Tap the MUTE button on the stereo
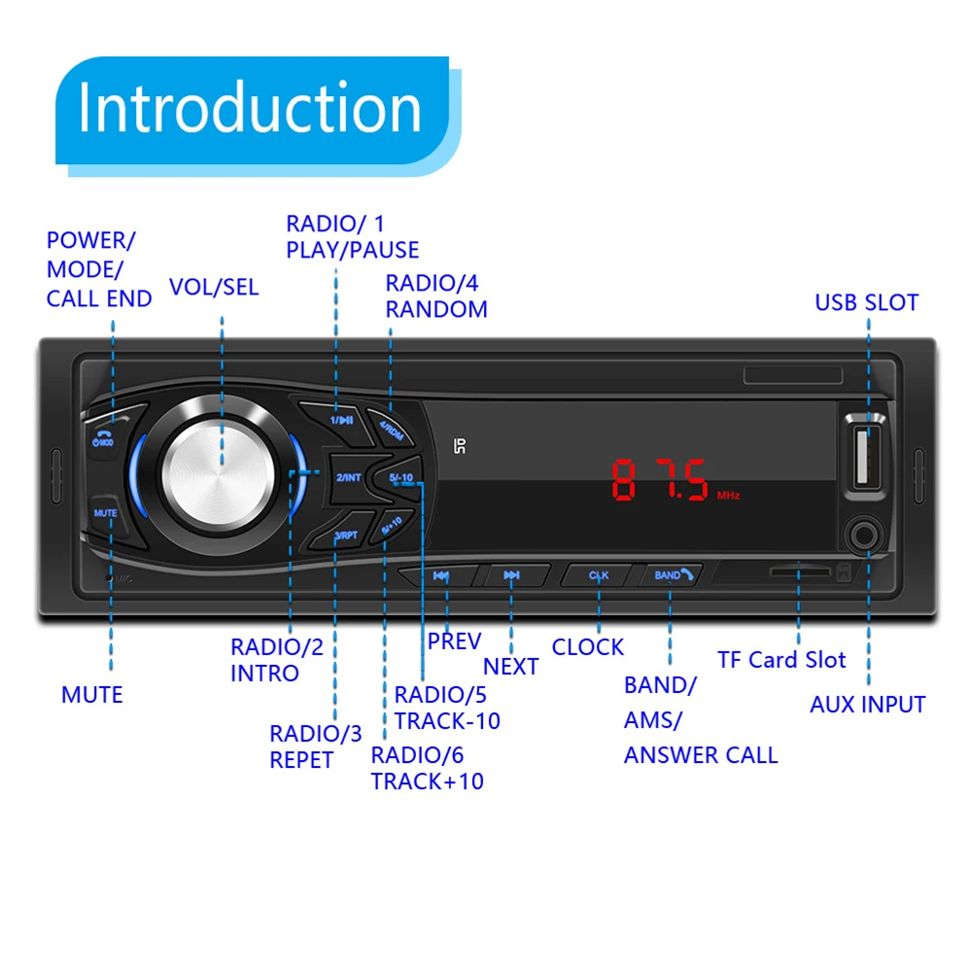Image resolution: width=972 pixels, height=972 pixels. (x=105, y=512)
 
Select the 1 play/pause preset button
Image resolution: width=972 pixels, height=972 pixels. (x=340, y=419)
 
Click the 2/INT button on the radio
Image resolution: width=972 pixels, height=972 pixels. (x=348, y=477)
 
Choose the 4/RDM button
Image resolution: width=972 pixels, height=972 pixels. (x=391, y=426)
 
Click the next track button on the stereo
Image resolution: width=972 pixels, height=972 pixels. (x=511, y=575)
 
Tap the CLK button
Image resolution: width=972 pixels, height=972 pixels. (x=598, y=575)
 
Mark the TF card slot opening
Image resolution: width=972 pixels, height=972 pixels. (x=799, y=573)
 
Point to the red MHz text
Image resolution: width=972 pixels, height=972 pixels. (x=729, y=496)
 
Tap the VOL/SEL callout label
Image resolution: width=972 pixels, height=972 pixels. (x=214, y=288)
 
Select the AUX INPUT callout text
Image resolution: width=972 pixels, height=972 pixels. (x=867, y=705)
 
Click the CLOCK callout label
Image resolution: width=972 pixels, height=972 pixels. (x=587, y=647)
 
